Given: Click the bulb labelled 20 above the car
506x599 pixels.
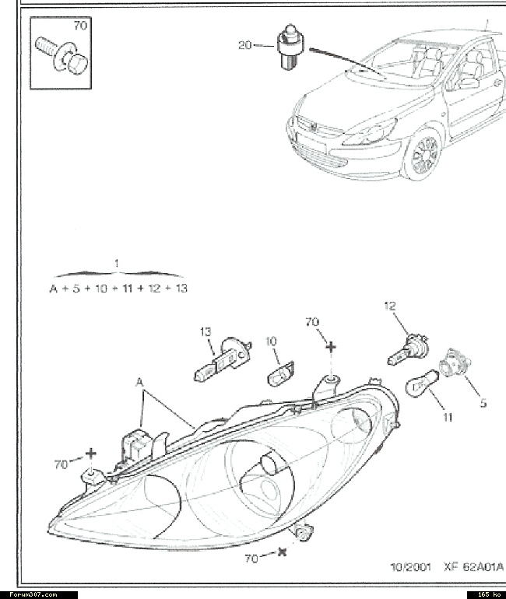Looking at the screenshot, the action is click(290, 47).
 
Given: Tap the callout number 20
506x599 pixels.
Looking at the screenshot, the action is click(245, 45).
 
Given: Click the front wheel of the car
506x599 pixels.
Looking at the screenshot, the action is click(423, 154).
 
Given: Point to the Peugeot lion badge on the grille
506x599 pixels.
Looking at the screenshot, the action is click(314, 128).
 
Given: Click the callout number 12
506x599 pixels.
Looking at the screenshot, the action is click(390, 306).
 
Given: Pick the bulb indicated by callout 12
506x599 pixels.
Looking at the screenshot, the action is click(409, 349).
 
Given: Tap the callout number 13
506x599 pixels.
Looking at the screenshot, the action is click(206, 331).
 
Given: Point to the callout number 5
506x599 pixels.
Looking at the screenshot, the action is click(483, 403).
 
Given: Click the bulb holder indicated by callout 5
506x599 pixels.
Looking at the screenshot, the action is click(455, 362).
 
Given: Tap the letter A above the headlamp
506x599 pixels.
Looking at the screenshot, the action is click(140, 382).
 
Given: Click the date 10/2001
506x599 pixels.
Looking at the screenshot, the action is click(410, 566).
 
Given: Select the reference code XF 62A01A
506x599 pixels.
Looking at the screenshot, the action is click(473, 566).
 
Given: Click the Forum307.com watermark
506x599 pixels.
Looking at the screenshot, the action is click(33, 594).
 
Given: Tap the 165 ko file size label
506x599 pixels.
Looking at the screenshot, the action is click(489, 594).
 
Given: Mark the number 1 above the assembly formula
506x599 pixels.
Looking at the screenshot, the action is click(117, 263).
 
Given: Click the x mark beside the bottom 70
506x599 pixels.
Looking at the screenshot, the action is click(282, 552).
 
